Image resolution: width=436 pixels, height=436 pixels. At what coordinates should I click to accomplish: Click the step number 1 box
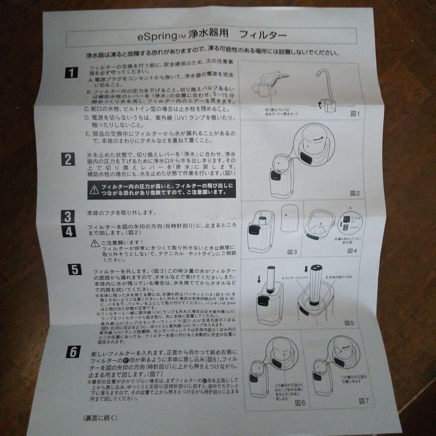71,73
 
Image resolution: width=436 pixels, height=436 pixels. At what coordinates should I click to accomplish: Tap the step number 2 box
68,159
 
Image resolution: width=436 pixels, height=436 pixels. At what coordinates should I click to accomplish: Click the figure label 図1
354,114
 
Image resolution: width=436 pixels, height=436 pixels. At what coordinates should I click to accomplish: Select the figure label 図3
292,252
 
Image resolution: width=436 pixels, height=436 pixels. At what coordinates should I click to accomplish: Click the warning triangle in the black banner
94,189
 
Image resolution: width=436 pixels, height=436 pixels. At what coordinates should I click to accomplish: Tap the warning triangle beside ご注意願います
95,243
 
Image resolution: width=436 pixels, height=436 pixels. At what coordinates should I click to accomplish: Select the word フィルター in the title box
263,36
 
